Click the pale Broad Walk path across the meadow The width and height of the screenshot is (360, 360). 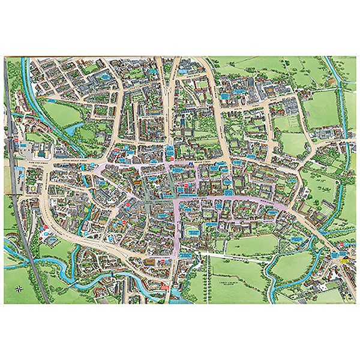[240, 255]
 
